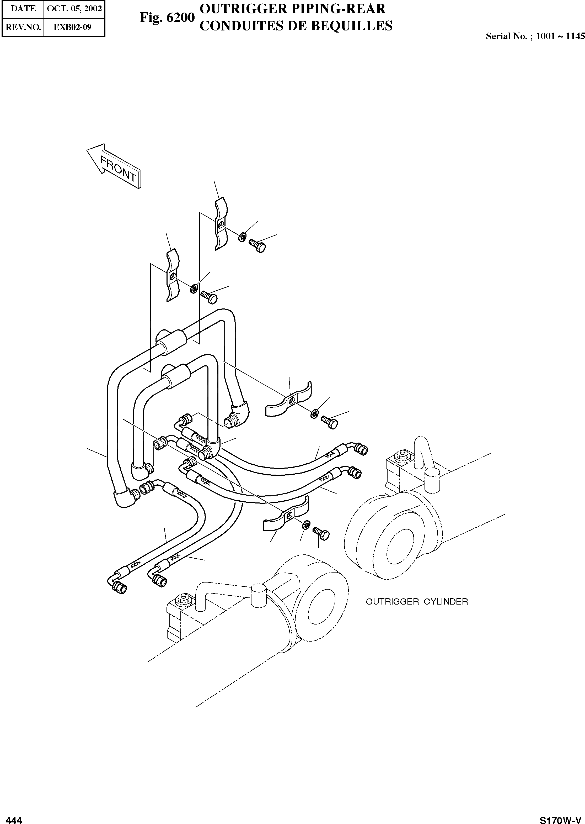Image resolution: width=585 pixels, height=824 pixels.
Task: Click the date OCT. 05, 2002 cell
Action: tap(74, 9)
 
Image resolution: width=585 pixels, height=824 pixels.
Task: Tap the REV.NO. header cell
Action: tap(23, 27)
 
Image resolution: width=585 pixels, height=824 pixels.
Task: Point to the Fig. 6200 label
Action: tap(167, 17)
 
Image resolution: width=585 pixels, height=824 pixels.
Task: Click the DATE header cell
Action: tap(23, 9)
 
